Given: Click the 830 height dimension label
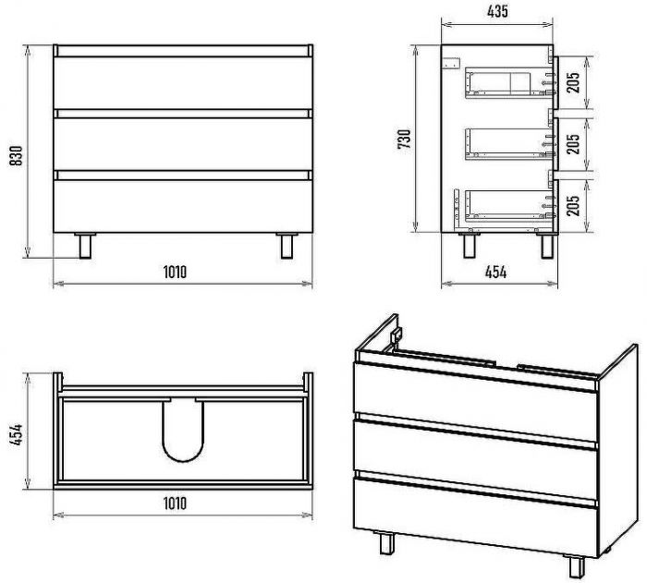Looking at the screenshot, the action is [16, 155].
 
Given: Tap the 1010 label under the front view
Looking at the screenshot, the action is [175, 272].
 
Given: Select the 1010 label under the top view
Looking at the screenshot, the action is [175, 504].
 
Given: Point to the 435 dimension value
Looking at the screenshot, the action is [497, 12].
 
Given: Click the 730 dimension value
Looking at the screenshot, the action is [405, 140].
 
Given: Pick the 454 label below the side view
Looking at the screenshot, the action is [495, 273].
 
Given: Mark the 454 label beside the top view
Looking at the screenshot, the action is [17, 434].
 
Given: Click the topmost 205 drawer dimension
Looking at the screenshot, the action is [573, 82].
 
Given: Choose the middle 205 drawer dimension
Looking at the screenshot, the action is [573, 143].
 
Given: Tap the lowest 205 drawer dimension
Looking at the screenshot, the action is [573, 205].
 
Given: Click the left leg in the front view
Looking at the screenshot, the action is [85, 246].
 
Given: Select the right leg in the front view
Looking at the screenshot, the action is [287, 246].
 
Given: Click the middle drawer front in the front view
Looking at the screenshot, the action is [183, 144].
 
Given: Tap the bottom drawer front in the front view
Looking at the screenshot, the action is [183, 206].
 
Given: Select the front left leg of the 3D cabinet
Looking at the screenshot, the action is [387, 543].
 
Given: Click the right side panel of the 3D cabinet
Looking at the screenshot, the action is [617, 450].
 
